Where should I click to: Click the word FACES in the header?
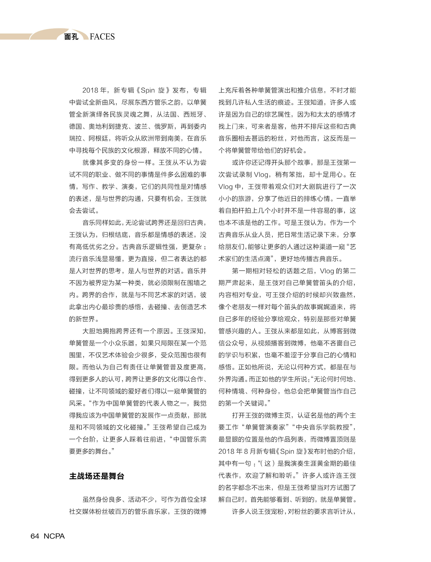tap(102, 37)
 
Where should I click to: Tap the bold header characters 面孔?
tap(71, 37)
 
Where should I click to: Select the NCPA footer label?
tap(54, 536)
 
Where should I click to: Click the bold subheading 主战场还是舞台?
tap(97, 476)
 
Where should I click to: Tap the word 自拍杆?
tap(235, 211)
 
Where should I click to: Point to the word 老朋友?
tap(241, 307)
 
